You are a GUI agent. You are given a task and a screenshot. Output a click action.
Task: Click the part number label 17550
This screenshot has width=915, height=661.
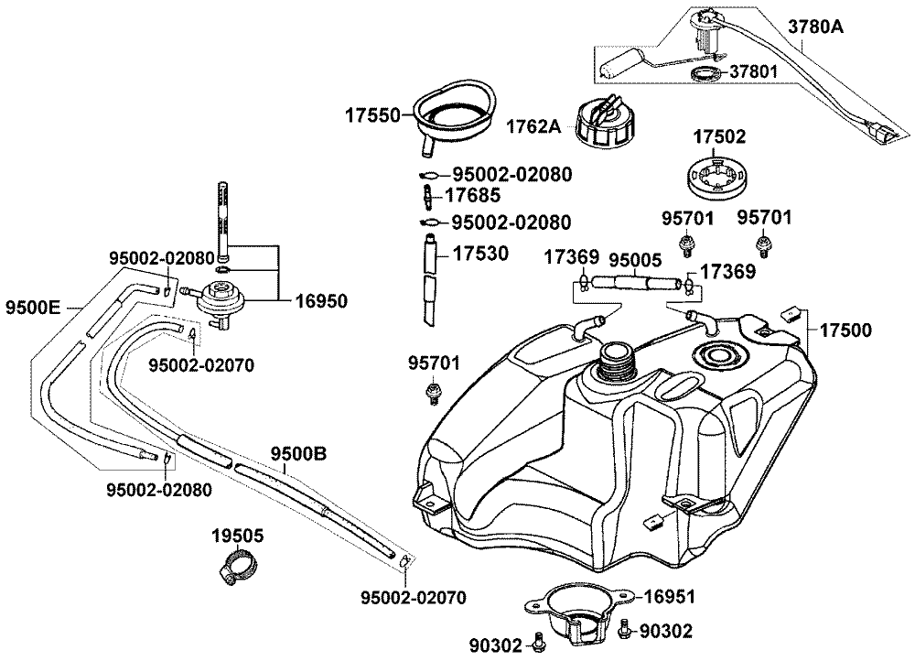(373, 115)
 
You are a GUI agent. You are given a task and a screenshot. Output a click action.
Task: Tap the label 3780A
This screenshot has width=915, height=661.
(815, 27)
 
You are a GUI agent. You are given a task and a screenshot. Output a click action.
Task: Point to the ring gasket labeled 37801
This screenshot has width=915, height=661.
(703, 73)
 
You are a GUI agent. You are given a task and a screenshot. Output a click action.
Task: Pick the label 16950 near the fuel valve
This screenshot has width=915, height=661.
(320, 299)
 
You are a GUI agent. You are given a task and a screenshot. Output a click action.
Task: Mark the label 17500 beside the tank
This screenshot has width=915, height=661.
(845, 330)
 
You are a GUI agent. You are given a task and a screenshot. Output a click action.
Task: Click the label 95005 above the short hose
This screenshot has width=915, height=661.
(637, 258)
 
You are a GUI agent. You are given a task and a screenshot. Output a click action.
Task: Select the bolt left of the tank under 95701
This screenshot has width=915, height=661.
(433, 395)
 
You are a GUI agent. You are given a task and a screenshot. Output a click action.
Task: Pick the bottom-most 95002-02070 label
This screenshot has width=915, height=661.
(413, 598)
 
